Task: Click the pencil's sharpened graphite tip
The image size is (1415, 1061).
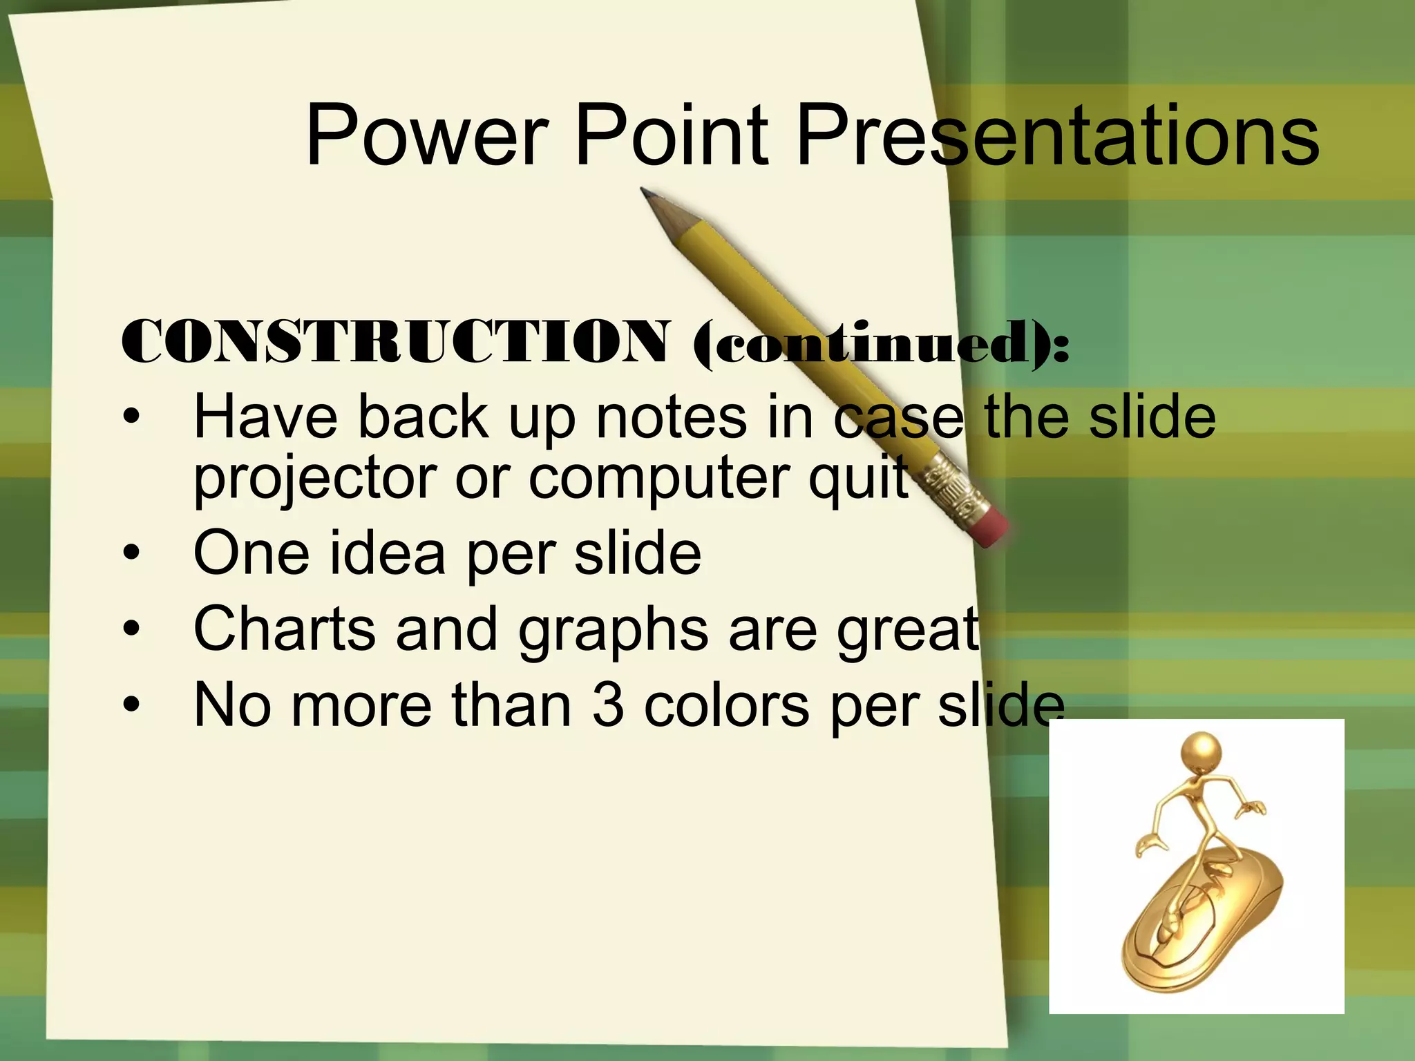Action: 647,193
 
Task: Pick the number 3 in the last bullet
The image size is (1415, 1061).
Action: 607,705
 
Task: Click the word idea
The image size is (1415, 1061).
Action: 387,553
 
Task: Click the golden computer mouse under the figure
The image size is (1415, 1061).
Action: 1202,926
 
